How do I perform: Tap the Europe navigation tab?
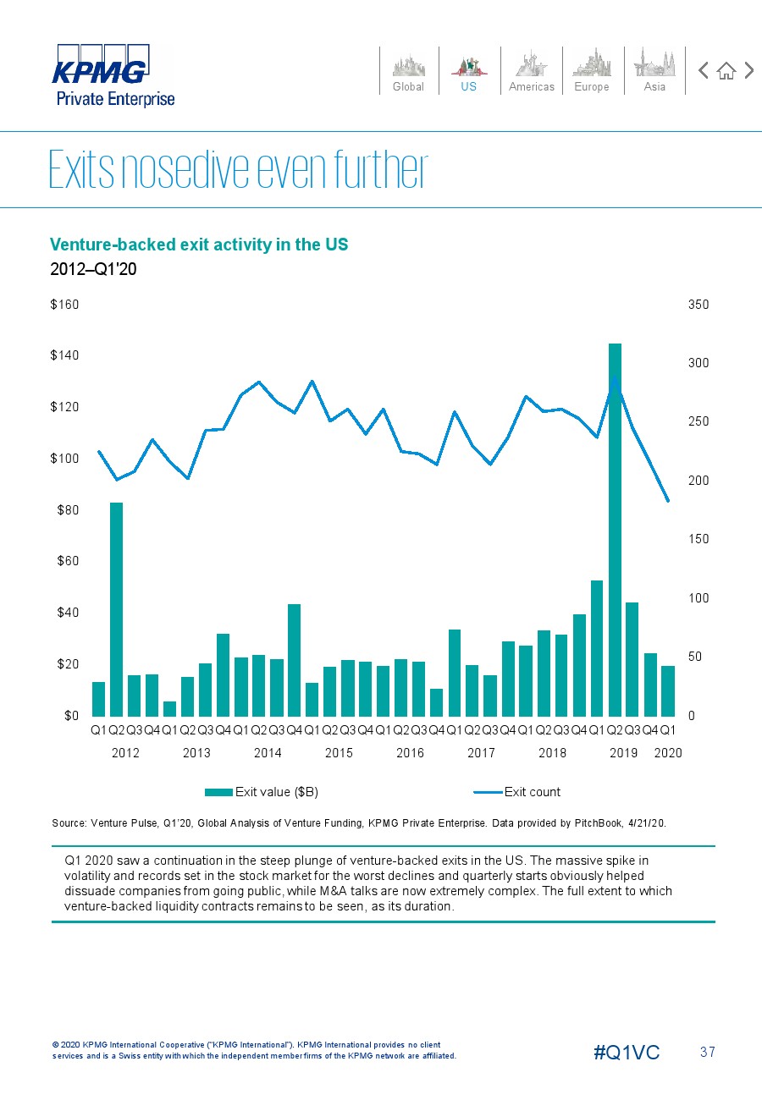pos(592,71)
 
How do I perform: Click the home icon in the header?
pos(726,71)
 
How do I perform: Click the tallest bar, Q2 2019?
pos(615,530)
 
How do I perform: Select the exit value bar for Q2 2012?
pos(117,609)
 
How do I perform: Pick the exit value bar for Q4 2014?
pos(294,660)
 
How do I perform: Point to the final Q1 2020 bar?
pos(668,691)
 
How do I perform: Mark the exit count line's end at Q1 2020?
pos(668,501)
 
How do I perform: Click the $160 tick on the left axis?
pos(64,305)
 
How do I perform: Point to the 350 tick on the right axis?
pos(698,305)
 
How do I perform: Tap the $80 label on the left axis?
pos(68,509)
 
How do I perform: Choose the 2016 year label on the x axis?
pos(410,753)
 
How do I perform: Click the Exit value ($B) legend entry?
pos(262,792)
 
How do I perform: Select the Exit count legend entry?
pos(516,792)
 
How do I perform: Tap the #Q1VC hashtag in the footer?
pos(627,1052)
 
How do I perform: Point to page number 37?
pos(708,1052)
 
